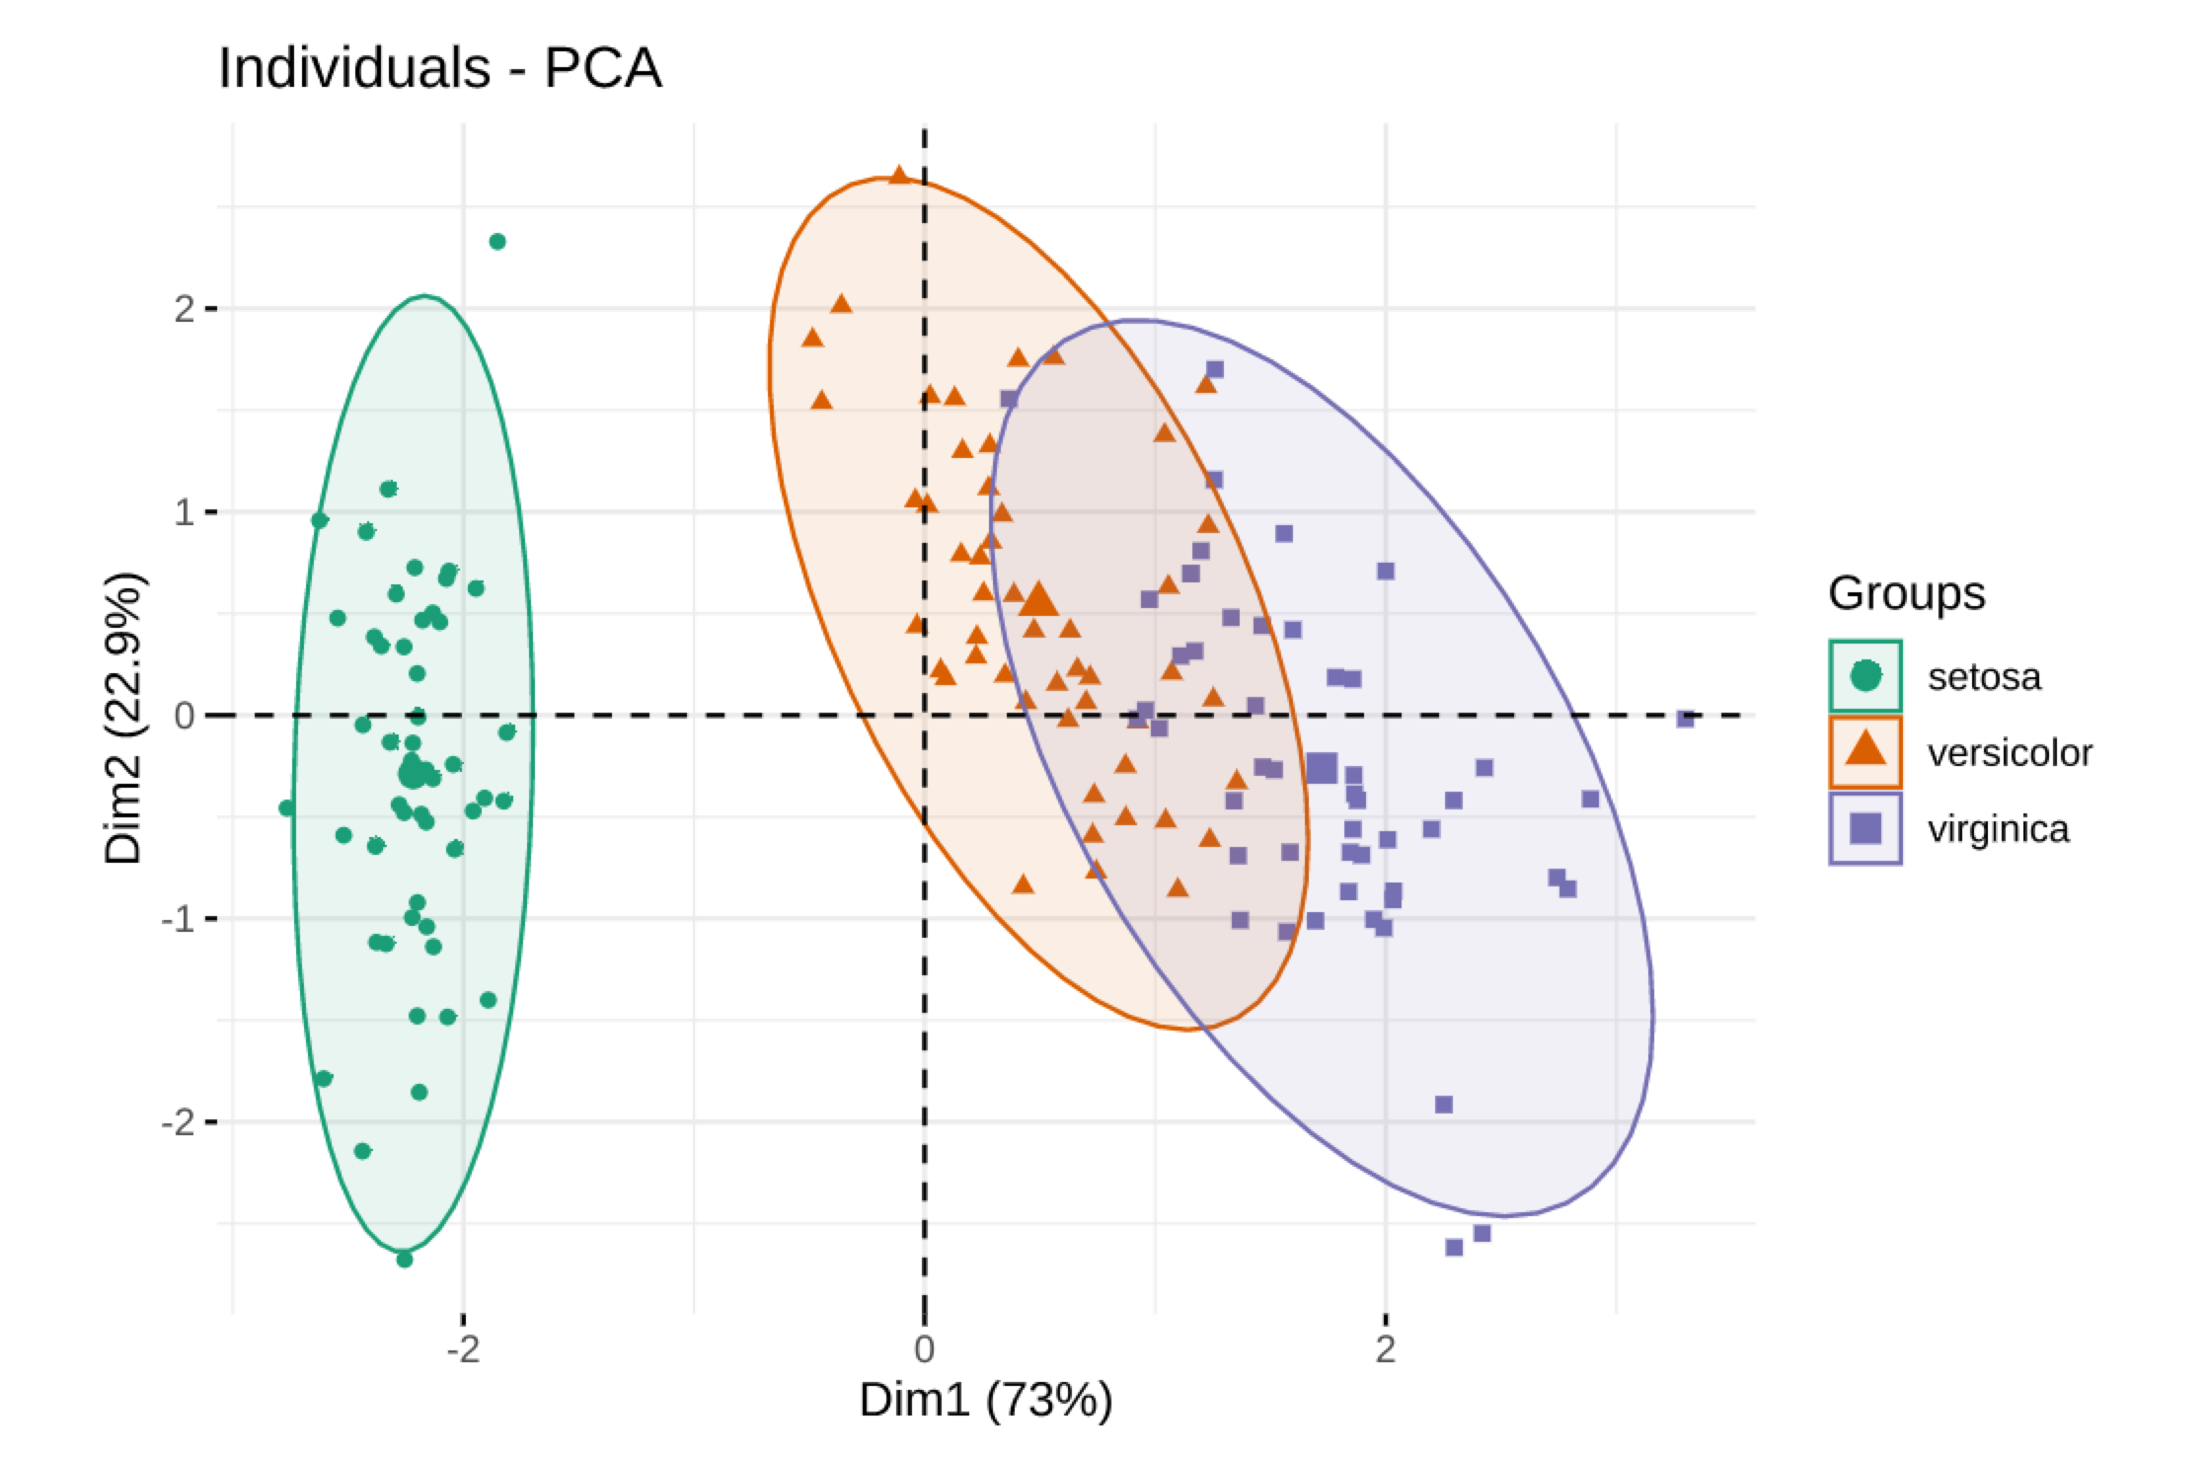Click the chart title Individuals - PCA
(x=439, y=69)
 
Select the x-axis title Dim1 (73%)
(x=985, y=1400)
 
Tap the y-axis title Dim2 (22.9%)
(x=125, y=718)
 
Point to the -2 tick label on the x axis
(x=462, y=1348)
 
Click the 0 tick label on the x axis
(x=924, y=1348)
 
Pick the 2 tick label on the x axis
(x=1385, y=1348)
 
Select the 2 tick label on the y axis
(x=184, y=309)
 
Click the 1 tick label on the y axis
(x=184, y=512)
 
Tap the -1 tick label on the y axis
(x=178, y=919)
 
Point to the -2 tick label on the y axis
(x=178, y=1122)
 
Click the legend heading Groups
(x=1906, y=593)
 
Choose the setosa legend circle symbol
(x=1865, y=676)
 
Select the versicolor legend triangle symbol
(x=1865, y=751)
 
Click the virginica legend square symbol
(x=1865, y=828)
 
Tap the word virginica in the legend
(x=1998, y=829)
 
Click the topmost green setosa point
(x=497, y=242)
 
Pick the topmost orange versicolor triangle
(x=899, y=176)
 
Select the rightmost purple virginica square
(x=1685, y=719)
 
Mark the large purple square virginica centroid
(x=1321, y=768)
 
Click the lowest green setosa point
(x=404, y=1259)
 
